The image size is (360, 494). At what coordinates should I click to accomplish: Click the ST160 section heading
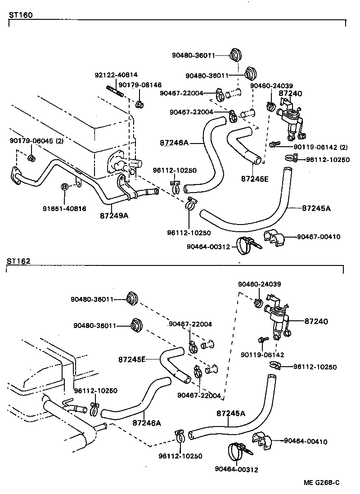[21, 14]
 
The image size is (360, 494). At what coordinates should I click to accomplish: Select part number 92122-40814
[116, 75]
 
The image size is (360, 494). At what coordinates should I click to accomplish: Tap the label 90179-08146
[140, 85]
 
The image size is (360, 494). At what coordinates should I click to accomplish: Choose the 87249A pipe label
[114, 215]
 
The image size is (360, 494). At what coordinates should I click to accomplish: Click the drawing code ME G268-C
[321, 483]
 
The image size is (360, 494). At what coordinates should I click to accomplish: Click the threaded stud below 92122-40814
[115, 94]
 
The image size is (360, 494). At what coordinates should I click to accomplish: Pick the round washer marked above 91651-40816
[64, 186]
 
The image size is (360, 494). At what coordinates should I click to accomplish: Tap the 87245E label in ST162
[132, 359]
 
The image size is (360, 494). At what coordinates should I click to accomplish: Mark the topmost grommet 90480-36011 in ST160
[234, 55]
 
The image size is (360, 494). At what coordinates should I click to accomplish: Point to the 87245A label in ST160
[316, 208]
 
